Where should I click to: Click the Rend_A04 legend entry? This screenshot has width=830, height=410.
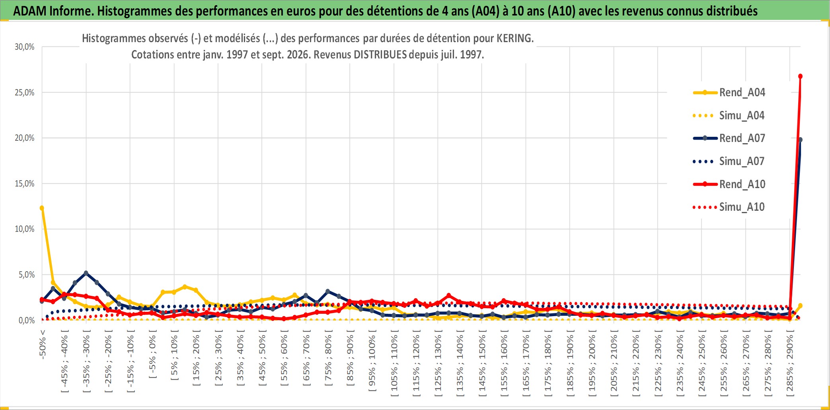(x=729, y=93)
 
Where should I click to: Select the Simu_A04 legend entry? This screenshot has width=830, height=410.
(x=729, y=116)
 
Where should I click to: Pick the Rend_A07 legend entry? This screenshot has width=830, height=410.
(x=729, y=138)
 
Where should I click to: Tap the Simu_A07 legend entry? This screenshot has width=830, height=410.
(x=729, y=161)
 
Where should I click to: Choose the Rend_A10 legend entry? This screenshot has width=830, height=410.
(x=729, y=184)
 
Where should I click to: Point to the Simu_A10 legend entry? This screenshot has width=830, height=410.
(x=729, y=207)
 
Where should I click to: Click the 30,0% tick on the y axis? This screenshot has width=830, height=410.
(x=25, y=47)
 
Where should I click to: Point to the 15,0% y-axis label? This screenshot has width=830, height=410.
(x=25, y=184)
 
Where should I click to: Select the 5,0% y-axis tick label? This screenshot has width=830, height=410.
(x=27, y=275)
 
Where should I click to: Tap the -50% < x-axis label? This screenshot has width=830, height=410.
(x=43, y=344)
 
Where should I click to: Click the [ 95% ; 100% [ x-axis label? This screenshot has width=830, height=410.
(x=372, y=363)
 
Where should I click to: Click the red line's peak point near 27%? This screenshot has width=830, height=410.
(x=800, y=76)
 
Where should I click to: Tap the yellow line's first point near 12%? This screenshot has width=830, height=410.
(x=42, y=208)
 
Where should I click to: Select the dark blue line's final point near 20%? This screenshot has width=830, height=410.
(x=800, y=140)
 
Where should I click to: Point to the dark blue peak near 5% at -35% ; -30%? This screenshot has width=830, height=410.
(x=86, y=273)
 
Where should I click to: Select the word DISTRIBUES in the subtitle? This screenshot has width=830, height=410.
(x=380, y=54)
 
